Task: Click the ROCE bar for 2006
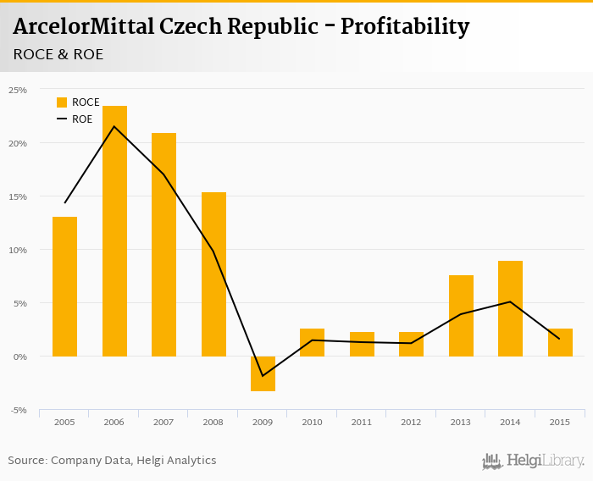tap(114, 230)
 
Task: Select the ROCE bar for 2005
tap(64, 286)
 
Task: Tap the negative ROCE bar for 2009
tap(263, 373)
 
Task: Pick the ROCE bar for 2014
tap(510, 308)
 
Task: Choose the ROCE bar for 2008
tap(213, 274)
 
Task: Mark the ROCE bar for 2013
tap(461, 315)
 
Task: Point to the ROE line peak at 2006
tap(114, 126)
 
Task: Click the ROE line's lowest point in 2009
tap(263, 376)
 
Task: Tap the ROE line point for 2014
tap(510, 301)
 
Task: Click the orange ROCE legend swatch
tap(62, 102)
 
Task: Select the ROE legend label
tap(82, 119)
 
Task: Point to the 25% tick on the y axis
tap(18, 89)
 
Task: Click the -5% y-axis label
tap(18, 411)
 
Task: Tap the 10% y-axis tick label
tap(18, 250)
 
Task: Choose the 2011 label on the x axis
tap(362, 421)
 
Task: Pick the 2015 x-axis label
tap(560, 421)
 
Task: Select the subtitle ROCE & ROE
tap(58, 54)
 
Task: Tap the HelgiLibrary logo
tap(533, 461)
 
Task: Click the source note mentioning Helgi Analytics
tap(112, 461)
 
